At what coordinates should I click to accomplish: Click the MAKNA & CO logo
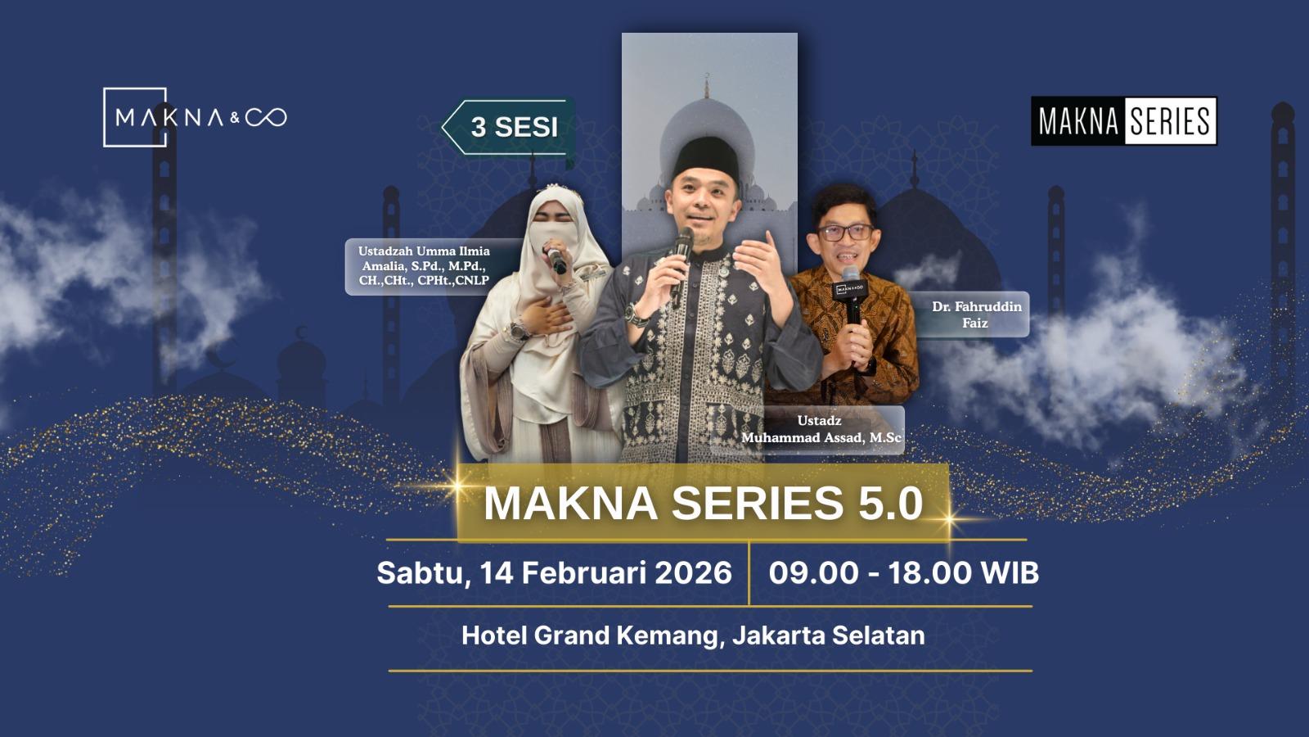195,117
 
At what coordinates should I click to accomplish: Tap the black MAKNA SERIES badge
1123,121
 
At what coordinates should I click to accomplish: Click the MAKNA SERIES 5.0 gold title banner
703,502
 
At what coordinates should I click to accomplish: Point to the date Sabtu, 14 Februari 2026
554,572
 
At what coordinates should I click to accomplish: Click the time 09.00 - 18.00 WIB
903,572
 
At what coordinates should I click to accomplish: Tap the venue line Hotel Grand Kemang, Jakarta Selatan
693,635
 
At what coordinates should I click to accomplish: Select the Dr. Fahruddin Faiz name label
976,314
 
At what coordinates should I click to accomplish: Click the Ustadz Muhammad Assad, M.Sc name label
821,429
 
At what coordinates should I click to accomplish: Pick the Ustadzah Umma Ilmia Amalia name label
424,266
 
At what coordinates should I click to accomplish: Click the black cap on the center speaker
705,156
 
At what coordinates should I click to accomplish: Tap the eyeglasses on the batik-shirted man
845,232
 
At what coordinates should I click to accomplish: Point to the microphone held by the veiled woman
556,260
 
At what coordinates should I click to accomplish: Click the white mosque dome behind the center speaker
705,131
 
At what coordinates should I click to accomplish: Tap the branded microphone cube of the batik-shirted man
850,289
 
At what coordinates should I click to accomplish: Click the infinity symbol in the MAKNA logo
266,118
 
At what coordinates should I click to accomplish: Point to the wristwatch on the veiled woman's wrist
519,331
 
